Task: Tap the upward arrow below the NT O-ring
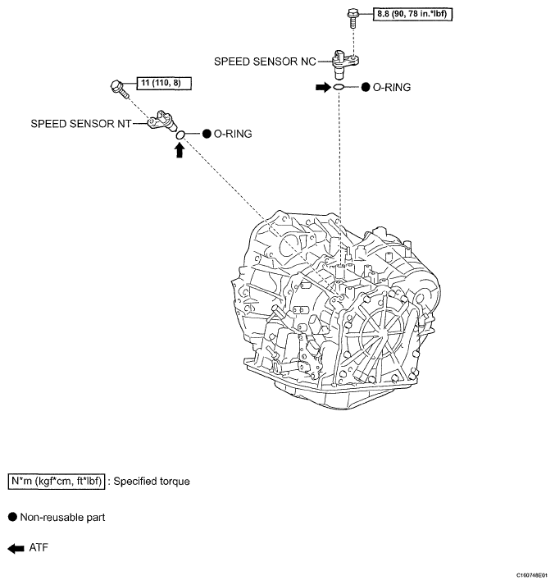click(179, 150)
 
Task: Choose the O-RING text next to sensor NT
click(233, 133)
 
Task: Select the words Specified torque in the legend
click(152, 481)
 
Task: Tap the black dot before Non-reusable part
click(13, 517)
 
